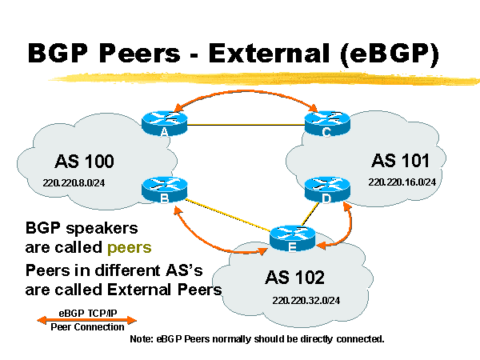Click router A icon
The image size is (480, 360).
coord(163,121)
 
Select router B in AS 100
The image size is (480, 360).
coord(163,188)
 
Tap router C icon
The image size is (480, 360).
coord(327,121)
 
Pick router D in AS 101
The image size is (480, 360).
coord(327,188)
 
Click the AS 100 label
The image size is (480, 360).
coord(84,161)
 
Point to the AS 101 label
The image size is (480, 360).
coord(401,157)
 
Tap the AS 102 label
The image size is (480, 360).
coord(294,278)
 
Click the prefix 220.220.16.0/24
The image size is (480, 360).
coord(402,182)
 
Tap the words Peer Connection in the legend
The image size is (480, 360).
coord(87,327)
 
